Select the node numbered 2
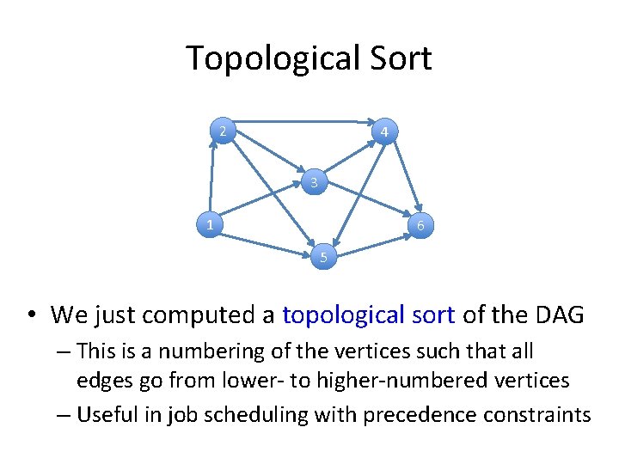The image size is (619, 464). pos(223,131)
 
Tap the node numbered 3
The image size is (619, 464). pos(315,182)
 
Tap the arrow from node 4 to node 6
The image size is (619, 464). pos(404,176)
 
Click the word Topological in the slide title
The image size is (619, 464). pos(267,58)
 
